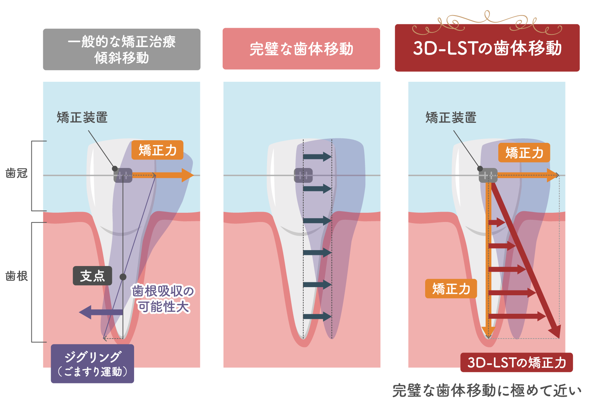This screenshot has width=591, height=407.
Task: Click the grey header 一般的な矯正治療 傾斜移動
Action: pos(122,49)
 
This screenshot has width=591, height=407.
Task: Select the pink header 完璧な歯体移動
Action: pos(301,49)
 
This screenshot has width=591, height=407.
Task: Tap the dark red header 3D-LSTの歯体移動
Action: pos(487,48)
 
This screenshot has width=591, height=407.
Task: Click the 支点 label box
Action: pos(92,276)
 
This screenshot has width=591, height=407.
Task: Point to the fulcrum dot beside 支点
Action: pos(123,277)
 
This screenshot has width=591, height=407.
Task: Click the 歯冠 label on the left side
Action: pos(17,173)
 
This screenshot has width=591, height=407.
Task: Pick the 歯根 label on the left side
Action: pos(17,276)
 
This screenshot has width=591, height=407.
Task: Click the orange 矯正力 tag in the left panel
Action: pos(157,150)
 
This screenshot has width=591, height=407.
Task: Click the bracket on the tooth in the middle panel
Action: pos(303,175)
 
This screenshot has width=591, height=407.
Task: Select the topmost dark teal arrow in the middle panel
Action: pos(317,157)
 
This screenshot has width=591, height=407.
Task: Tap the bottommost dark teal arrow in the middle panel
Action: pos(317,316)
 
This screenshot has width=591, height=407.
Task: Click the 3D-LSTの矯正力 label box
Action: pos(516,362)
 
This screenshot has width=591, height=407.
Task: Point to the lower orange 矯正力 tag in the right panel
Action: pos(451,289)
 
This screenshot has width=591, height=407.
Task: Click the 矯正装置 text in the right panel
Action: pos(451,118)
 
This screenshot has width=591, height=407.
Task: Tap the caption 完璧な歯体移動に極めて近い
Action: pos(487,391)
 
